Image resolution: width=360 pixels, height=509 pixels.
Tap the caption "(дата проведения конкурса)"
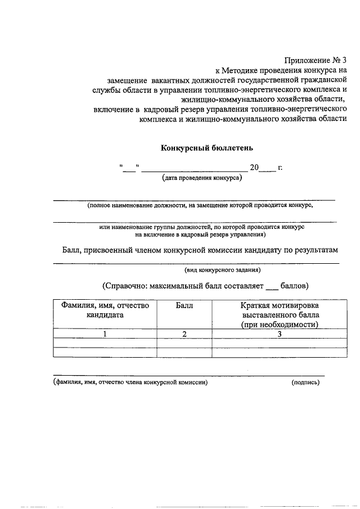(201, 178)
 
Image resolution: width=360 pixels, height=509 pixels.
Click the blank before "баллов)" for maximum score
(272, 286)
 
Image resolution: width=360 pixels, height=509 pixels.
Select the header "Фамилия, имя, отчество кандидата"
(105, 310)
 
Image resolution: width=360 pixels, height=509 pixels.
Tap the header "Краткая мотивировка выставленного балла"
(280, 315)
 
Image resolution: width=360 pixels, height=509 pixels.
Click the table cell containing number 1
(105, 334)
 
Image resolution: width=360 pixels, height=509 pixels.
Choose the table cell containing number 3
(280, 334)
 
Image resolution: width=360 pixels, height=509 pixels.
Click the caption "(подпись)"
(305, 382)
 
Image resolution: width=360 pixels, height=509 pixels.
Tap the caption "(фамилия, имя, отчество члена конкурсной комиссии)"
(130, 382)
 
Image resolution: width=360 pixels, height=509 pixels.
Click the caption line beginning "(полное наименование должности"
(200, 206)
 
